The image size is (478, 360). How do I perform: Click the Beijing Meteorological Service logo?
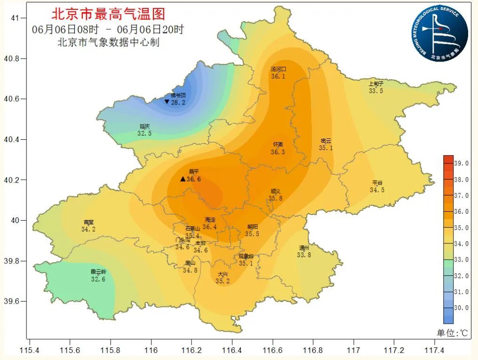click(x=440, y=33)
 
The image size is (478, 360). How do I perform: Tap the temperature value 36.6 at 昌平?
click(x=194, y=179)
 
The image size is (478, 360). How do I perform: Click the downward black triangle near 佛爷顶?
click(x=167, y=102)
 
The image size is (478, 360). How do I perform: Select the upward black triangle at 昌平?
click(x=183, y=179)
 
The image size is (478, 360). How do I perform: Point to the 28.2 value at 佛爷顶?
click(x=178, y=103)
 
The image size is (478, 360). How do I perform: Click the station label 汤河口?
click(x=278, y=69)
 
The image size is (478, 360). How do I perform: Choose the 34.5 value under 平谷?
click(x=377, y=190)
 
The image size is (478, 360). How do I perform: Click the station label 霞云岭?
click(x=98, y=272)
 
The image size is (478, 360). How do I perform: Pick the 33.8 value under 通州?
click(x=304, y=255)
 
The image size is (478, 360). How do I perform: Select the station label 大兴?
click(x=223, y=274)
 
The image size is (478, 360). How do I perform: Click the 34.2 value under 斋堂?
click(x=88, y=230)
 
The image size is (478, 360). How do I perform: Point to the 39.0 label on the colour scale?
click(x=462, y=163)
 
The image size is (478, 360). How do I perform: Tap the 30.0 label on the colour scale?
click(x=462, y=308)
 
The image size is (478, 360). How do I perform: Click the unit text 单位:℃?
click(x=452, y=333)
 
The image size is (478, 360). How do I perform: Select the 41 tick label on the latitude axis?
click(x=16, y=18)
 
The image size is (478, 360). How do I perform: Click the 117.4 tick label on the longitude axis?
click(x=434, y=351)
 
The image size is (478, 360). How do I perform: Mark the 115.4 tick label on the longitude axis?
click(x=30, y=351)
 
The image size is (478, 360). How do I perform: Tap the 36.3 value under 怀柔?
click(x=278, y=152)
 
